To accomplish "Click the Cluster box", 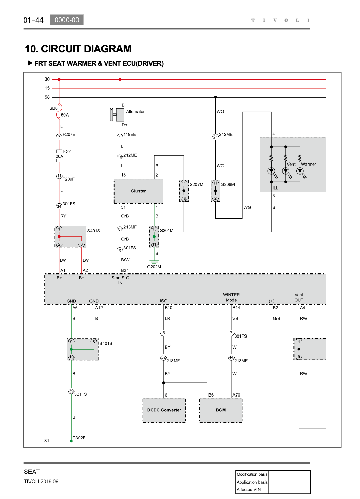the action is (x=139, y=191).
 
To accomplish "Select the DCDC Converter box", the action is (x=164, y=410).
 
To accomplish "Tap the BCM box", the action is (x=221, y=410).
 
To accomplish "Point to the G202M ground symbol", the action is (x=154, y=262).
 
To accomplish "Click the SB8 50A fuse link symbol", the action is (x=59, y=111).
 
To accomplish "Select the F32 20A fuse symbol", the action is (x=59, y=156).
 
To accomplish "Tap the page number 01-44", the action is (x=34, y=20).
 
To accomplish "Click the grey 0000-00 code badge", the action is (x=67, y=20).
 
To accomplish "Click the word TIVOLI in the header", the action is (x=280, y=20).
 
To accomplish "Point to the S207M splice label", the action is (x=196, y=184).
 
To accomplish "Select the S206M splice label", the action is (x=228, y=184).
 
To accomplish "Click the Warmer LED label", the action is (x=309, y=164).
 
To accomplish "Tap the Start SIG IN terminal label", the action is (x=120, y=280).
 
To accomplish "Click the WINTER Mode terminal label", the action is (x=231, y=297).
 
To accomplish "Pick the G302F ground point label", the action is (x=79, y=438).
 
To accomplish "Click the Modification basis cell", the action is (x=252, y=474).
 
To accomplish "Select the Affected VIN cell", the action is (x=252, y=490).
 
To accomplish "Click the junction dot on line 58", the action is (x=215, y=97).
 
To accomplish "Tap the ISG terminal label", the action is (x=164, y=301).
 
